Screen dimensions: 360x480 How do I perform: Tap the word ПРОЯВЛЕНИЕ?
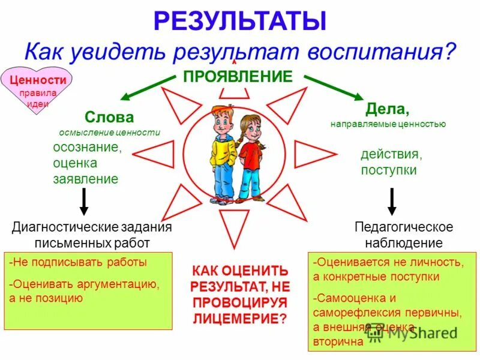tap(238, 76)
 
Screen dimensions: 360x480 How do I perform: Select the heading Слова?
tap(109, 117)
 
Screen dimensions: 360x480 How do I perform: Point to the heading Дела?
tap(387, 110)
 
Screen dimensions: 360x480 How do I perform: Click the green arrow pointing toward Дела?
tap(333, 87)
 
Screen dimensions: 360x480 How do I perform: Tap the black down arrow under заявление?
tap(84, 202)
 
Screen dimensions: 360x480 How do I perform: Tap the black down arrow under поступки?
tap(392, 202)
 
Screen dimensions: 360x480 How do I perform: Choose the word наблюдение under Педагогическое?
tap(403, 243)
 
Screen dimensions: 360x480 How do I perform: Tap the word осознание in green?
tap(86, 148)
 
